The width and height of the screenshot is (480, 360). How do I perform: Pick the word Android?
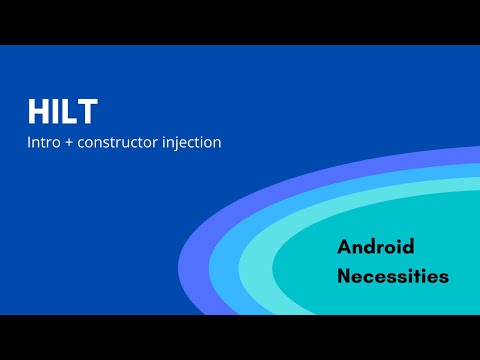[376, 247]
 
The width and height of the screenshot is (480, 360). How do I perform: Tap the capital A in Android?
[345, 247]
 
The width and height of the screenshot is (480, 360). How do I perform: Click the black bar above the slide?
[240, 22]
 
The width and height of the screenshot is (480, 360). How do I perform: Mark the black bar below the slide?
[240, 337]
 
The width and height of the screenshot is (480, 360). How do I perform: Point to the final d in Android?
[408, 247]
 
